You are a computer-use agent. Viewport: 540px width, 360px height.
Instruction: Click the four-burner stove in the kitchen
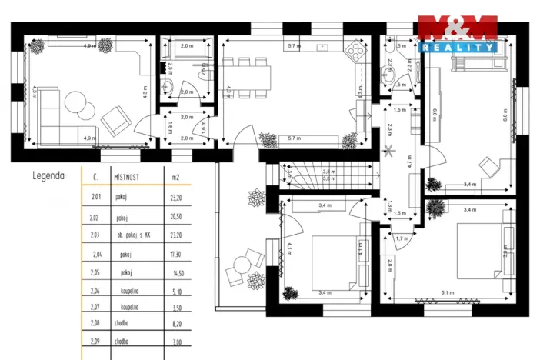[355, 51]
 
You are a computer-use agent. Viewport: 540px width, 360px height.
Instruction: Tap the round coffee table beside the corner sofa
[75, 102]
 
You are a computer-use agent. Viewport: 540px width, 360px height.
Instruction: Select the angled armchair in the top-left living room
[116, 119]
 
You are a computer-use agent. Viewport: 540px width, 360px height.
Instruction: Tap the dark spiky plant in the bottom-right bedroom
[436, 208]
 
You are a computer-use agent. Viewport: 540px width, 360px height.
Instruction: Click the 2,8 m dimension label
[391, 267]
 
